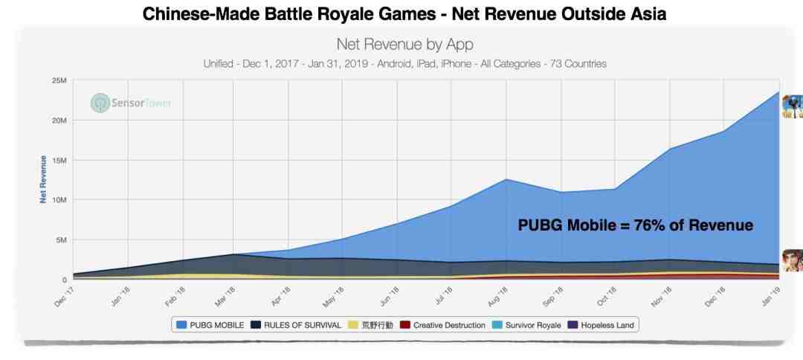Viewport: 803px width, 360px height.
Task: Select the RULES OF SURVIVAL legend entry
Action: tap(300, 325)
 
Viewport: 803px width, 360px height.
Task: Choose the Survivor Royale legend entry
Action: tap(527, 325)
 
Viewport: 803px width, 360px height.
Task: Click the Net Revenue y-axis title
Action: tap(44, 179)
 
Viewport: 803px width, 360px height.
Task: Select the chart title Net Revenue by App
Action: tap(404, 45)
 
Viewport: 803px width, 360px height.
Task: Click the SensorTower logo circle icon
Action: tap(100, 103)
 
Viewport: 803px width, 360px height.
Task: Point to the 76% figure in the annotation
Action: tap(651, 225)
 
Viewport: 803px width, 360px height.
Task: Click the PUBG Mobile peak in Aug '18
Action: tap(506, 179)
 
